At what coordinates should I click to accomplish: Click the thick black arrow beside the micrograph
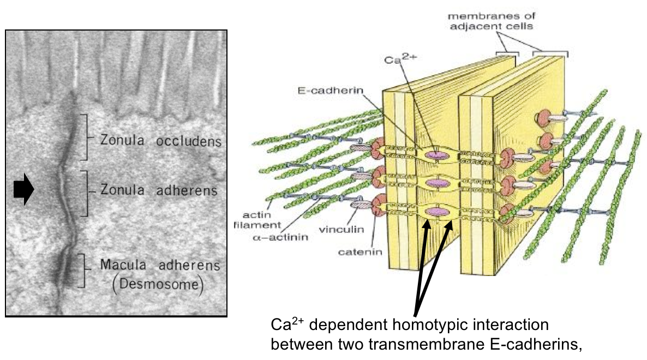click(23, 190)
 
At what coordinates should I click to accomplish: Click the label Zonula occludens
click(160, 141)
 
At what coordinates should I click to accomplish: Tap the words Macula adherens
click(160, 266)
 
